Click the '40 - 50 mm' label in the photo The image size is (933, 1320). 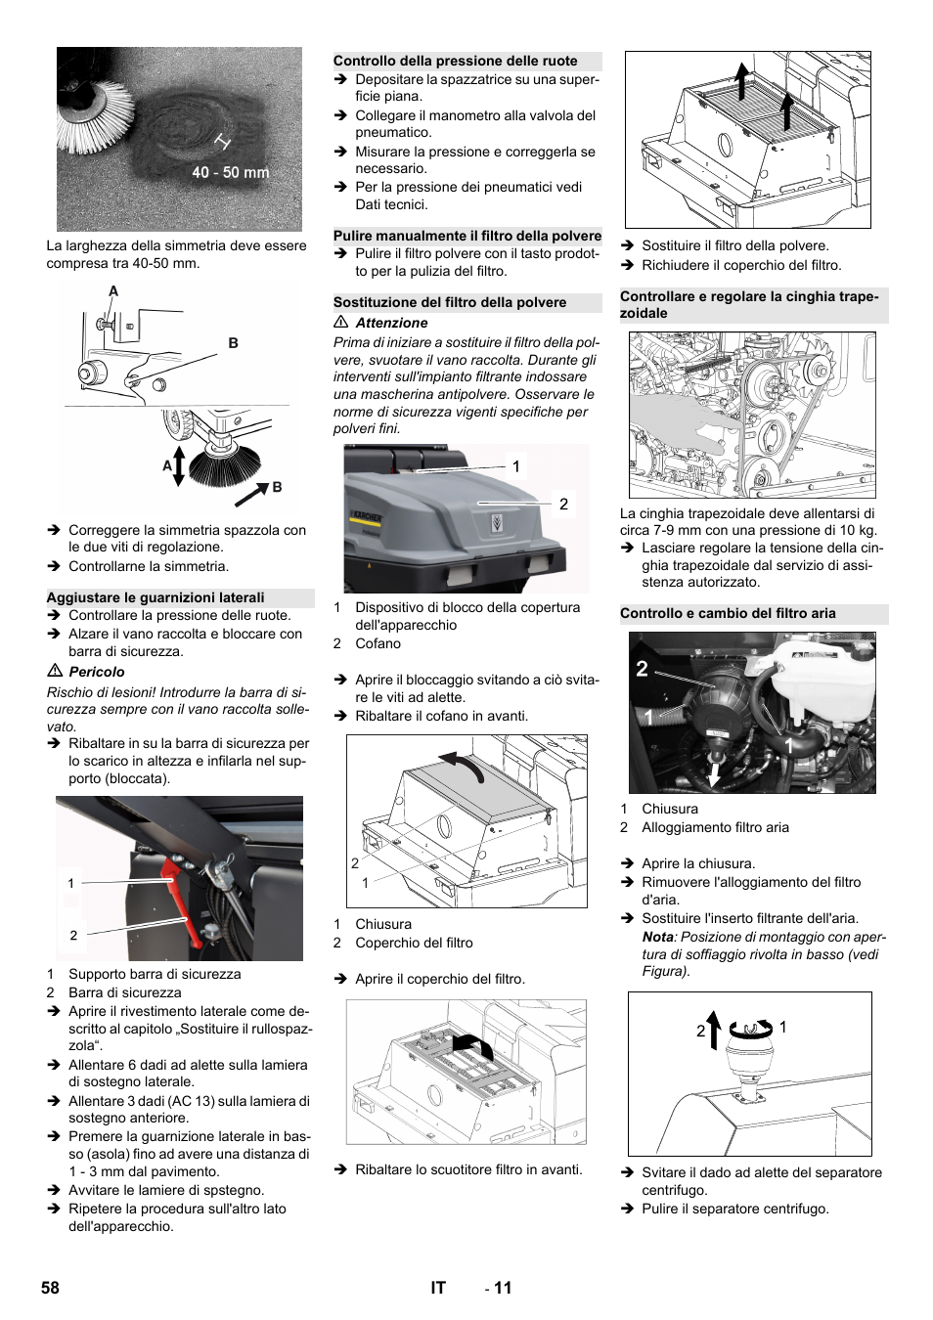[230, 173]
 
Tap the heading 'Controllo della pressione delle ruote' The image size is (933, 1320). [455, 61]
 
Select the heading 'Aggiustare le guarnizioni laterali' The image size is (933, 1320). [155, 597]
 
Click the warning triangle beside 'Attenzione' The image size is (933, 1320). [341, 323]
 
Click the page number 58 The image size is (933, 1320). [50, 1288]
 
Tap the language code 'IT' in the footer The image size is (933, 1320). [438, 1288]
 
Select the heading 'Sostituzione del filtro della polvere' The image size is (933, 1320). [450, 302]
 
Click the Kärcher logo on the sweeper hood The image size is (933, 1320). [366, 515]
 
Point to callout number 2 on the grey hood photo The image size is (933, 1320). [563, 505]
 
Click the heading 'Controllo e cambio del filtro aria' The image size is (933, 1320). [728, 613]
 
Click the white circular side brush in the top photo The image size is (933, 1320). [96, 116]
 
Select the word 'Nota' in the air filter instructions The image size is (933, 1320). [657, 937]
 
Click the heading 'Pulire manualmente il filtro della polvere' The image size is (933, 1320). [466, 236]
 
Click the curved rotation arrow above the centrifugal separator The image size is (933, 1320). [750, 1028]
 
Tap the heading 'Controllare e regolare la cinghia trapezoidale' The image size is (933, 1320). [749, 305]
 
